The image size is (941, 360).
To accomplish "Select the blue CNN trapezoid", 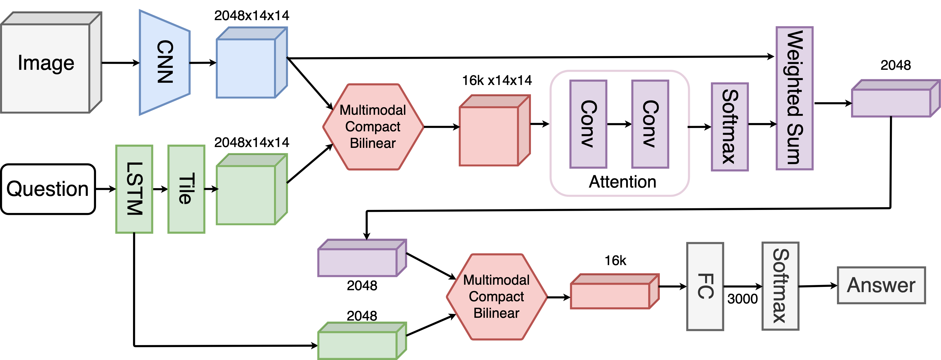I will (x=165, y=62).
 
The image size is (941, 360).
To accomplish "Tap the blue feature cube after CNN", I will (x=246, y=68).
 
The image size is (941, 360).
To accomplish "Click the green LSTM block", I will (x=134, y=189).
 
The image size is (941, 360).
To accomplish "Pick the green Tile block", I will (x=186, y=189).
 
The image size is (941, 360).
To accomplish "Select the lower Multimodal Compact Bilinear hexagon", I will (x=496, y=297).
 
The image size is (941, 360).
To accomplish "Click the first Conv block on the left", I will (x=588, y=124).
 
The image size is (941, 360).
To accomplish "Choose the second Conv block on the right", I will (x=650, y=124).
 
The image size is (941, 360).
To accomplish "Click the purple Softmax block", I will (x=730, y=127).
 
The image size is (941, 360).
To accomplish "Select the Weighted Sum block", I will (x=794, y=98).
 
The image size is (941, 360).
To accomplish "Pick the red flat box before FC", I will (x=610, y=296).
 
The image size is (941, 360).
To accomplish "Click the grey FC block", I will (x=705, y=287).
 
